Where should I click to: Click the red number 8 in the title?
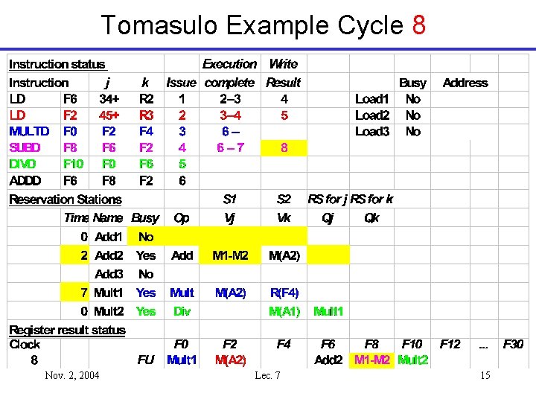pyautogui.click(x=418, y=25)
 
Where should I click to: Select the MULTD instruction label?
pyautogui.click(x=29, y=132)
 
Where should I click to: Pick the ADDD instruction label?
pyautogui.click(x=25, y=180)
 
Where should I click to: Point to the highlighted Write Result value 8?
pyautogui.click(x=284, y=148)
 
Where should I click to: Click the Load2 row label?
pyautogui.click(x=372, y=115)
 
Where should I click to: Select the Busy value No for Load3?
pyautogui.click(x=412, y=132)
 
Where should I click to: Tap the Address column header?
pyautogui.click(x=465, y=83)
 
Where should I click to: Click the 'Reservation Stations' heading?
pyautogui.click(x=65, y=200)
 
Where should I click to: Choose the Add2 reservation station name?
pyautogui.click(x=110, y=255)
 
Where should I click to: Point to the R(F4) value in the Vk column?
pyautogui.click(x=284, y=293)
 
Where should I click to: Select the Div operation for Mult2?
pyautogui.click(x=182, y=311)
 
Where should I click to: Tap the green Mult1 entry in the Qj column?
pyautogui.click(x=328, y=311)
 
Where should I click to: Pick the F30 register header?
pyautogui.click(x=514, y=344)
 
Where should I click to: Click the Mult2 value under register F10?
pyautogui.click(x=413, y=360)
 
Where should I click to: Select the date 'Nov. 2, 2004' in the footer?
pyautogui.click(x=72, y=375)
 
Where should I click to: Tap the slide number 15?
pyautogui.click(x=485, y=375)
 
